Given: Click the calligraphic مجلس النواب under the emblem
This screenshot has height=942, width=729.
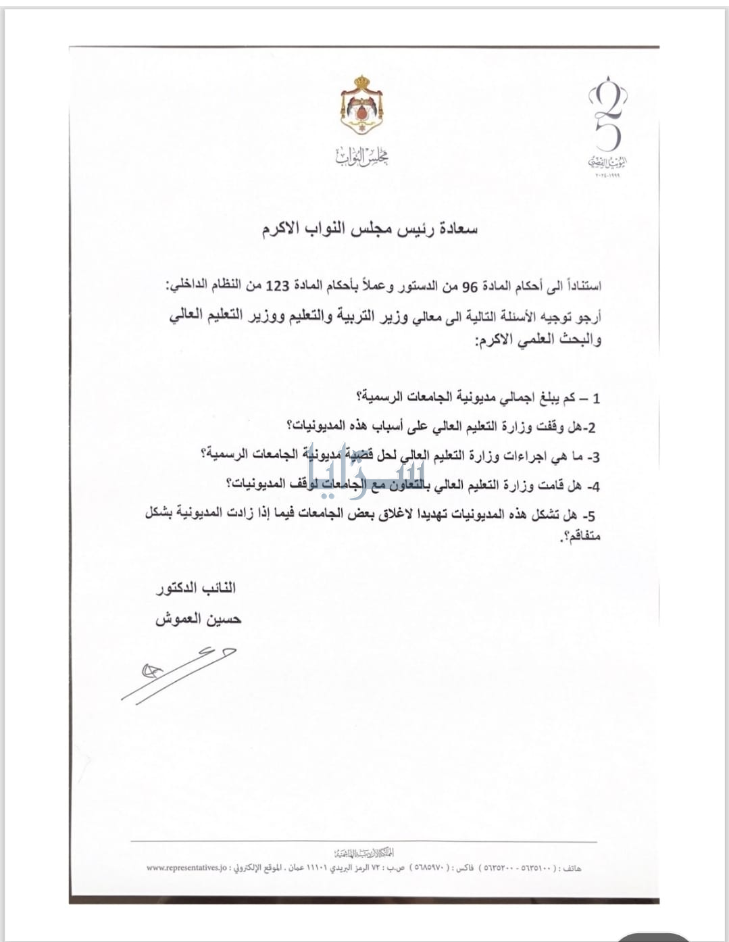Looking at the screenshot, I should tap(362, 157).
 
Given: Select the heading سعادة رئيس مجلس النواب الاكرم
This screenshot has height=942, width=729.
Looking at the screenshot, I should tap(370, 230).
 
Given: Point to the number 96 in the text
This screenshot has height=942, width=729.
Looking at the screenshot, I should tap(469, 286).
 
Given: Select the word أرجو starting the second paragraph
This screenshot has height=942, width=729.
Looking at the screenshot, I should tap(588, 316).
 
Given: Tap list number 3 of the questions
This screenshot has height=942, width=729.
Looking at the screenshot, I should tap(594, 457).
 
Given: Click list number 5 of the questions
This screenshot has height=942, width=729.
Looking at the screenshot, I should tap(591, 516).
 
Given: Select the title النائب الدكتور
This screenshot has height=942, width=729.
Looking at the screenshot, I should tap(196, 588).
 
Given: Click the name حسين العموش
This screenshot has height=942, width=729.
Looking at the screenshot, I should tap(198, 619).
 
